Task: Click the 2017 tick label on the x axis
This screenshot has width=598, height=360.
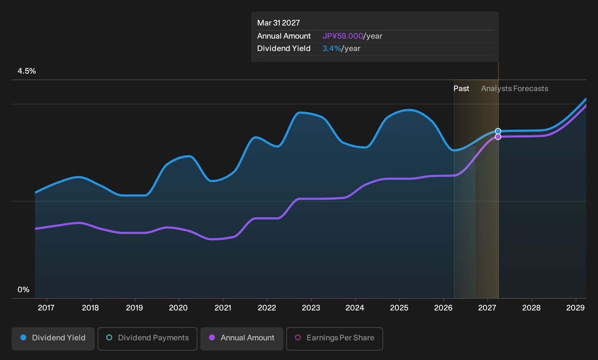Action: click(46, 308)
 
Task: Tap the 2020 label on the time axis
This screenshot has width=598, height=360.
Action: click(178, 308)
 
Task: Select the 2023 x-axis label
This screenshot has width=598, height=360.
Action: click(311, 308)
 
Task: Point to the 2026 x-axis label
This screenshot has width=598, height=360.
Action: click(443, 308)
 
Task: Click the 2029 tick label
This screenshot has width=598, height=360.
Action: click(575, 308)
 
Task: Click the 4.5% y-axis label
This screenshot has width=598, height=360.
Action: click(27, 71)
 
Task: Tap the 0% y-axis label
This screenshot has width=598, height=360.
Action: click(24, 290)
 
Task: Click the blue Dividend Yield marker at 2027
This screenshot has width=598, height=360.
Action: click(498, 131)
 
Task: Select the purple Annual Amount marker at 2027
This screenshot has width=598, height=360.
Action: click(498, 137)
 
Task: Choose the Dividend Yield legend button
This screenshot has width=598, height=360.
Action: click(53, 339)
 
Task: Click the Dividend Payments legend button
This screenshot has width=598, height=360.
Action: click(147, 339)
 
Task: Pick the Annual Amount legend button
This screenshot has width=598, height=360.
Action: click(241, 339)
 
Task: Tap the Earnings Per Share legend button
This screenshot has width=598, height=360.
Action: click(334, 339)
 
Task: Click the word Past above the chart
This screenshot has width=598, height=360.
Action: click(461, 89)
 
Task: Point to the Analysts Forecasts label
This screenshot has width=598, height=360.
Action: click(515, 89)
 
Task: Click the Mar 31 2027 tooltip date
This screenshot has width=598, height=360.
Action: click(279, 23)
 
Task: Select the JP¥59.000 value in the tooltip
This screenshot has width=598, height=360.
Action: click(343, 36)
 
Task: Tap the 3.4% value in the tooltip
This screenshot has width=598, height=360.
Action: click(332, 48)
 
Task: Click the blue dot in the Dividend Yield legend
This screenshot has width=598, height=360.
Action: click(24, 337)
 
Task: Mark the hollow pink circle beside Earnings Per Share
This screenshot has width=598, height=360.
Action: click(298, 337)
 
